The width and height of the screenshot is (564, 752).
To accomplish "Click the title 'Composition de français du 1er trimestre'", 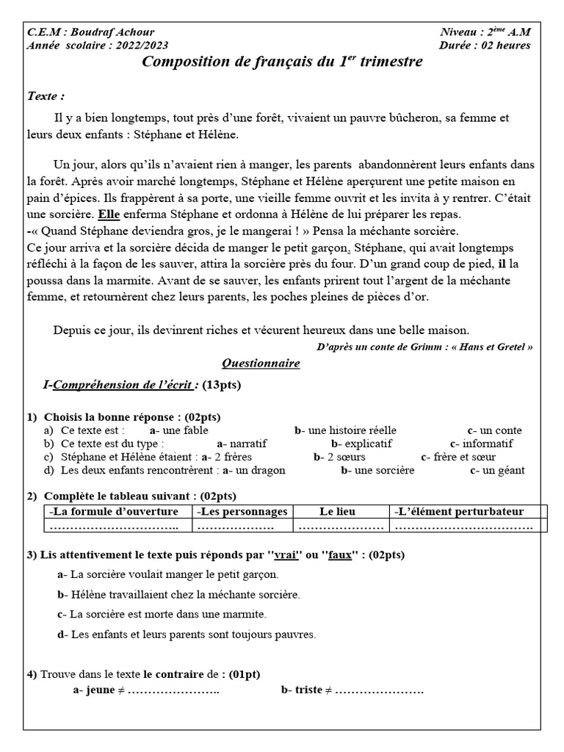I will pyautogui.click(x=281, y=62).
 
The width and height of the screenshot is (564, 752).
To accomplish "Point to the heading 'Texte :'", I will pyautogui.click(x=46, y=96).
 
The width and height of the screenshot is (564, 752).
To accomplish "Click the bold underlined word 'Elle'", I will pyautogui.click(x=108, y=214).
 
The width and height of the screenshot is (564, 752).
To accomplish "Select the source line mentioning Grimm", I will pyautogui.click(x=424, y=347).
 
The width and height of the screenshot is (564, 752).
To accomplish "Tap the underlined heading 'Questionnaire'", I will pyautogui.click(x=261, y=364).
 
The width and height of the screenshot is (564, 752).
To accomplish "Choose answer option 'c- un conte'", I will pyautogui.click(x=494, y=430).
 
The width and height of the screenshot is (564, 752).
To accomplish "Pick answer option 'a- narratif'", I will pyautogui.click(x=242, y=444).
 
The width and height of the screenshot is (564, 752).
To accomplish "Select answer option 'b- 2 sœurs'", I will pyautogui.click(x=339, y=457).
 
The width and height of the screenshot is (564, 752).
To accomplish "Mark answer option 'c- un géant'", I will pyautogui.click(x=497, y=470).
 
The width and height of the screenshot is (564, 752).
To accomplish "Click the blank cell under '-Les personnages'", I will pyautogui.click(x=242, y=527).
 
